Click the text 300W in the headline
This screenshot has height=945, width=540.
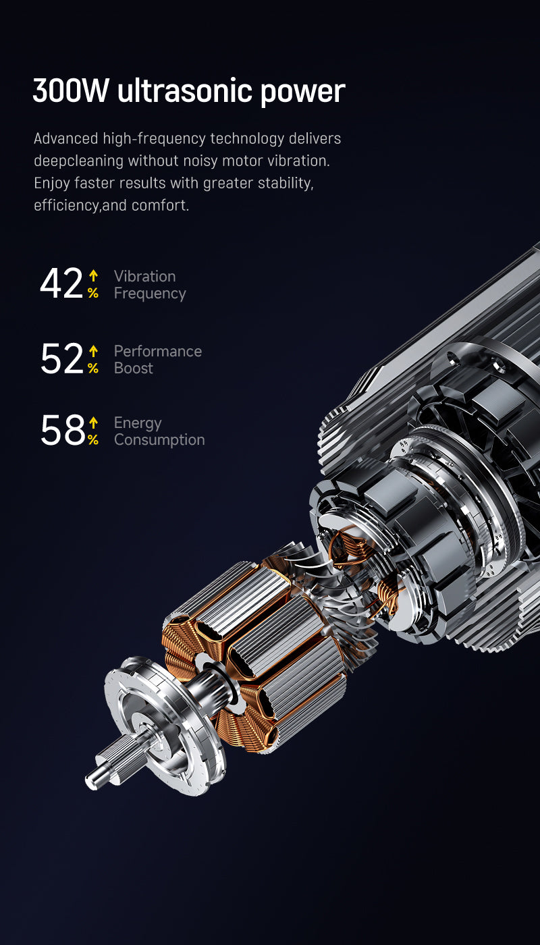click(71, 90)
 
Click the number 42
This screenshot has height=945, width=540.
click(61, 283)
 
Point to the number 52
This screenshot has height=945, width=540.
click(62, 358)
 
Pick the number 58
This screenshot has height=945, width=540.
click(63, 430)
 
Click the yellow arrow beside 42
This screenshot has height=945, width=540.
click(93, 276)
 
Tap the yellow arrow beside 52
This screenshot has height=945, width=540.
click(93, 351)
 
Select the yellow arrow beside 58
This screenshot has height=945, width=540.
click(93, 423)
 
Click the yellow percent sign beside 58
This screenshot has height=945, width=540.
click(93, 440)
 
